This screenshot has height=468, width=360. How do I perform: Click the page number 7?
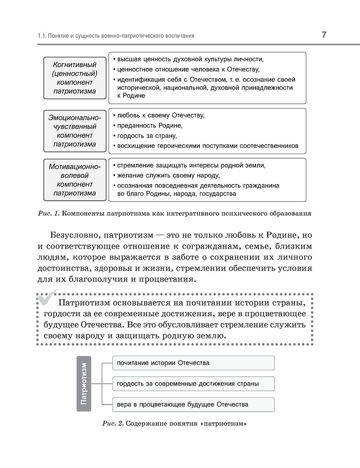[x=324, y=35]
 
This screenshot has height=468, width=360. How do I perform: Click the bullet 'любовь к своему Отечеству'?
[x=161, y=115]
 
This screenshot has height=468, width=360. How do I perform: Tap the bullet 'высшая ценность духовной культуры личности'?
[x=190, y=59]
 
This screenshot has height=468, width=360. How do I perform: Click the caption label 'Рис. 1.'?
[x=48, y=214]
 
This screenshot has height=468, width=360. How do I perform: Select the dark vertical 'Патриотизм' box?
[x=84, y=383]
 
